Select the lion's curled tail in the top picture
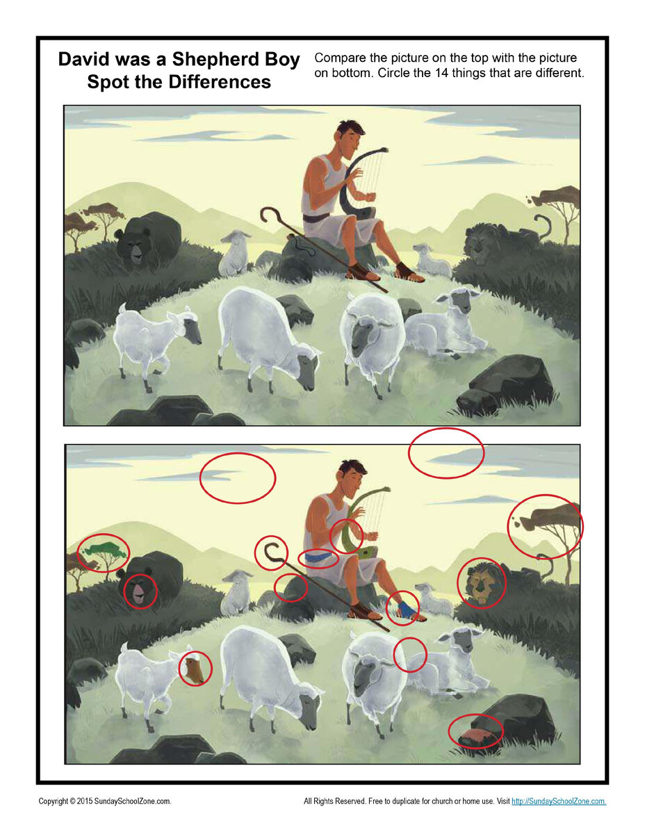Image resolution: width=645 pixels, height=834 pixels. pyautogui.click(x=541, y=227)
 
